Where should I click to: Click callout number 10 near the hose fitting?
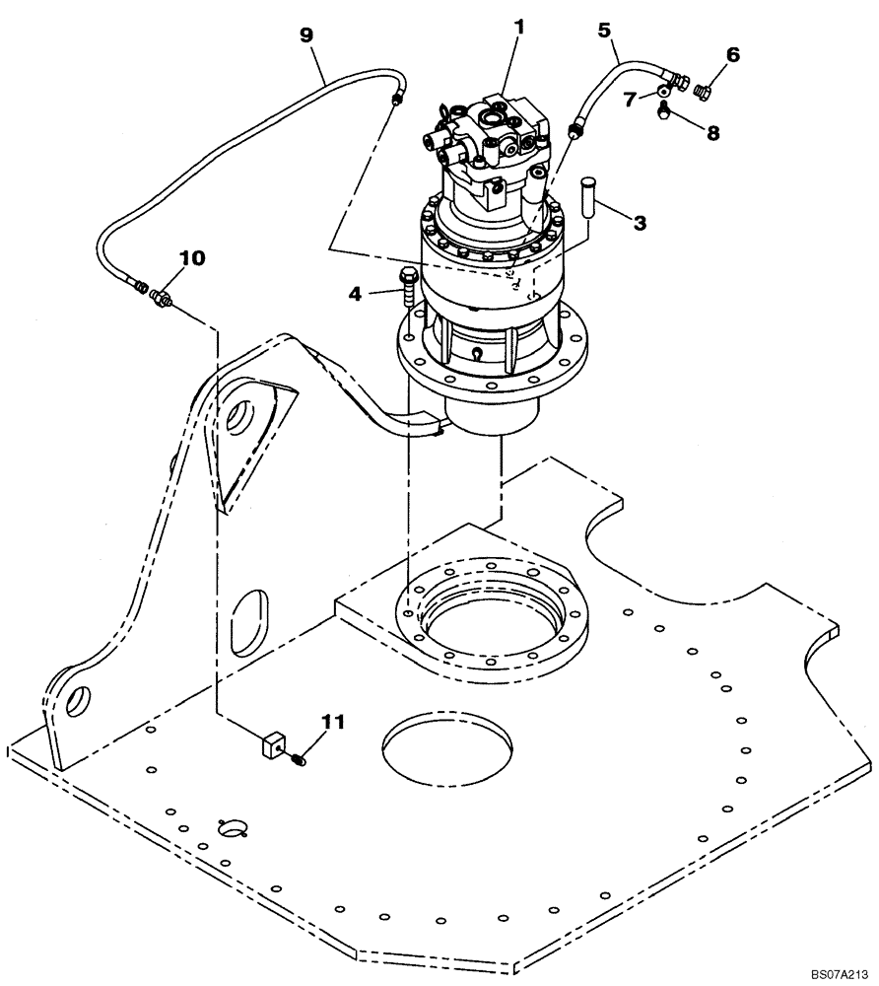point(192,258)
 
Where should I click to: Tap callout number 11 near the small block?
point(334,722)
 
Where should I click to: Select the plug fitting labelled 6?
point(702,92)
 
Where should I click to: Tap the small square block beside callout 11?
point(273,746)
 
